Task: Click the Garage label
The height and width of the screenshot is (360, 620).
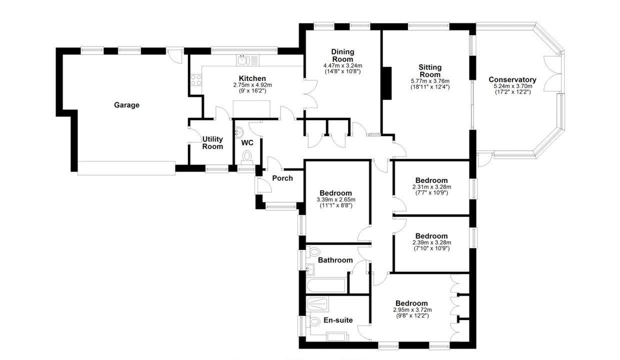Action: (126, 105)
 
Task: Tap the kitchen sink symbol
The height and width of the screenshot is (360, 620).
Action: (248, 60)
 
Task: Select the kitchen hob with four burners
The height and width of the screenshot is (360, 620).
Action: (196, 80)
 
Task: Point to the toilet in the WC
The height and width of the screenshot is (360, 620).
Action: (246, 156)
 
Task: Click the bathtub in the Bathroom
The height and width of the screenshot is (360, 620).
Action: (326, 285)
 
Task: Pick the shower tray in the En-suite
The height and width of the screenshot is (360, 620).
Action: (318, 304)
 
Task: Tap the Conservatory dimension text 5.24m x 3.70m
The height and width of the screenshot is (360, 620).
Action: (512, 86)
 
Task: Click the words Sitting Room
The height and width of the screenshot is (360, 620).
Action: (430, 71)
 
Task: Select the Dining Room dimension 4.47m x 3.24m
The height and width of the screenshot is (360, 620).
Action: (342, 65)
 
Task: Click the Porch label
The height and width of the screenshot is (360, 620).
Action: (282, 178)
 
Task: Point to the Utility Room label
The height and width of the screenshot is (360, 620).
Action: (212, 143)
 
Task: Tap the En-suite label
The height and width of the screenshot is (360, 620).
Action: (338, 320)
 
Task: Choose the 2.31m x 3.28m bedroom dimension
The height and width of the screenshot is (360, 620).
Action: (431, 187)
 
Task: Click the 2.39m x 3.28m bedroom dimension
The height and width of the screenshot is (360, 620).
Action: (431, 242)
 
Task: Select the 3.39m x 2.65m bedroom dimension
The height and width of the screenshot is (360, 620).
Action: (335, 199)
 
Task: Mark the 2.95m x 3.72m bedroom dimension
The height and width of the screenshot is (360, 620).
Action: (412, 310)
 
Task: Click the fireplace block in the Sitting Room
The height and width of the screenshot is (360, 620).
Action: (387, 83)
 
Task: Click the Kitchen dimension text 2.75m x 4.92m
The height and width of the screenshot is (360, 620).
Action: (252, 85)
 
